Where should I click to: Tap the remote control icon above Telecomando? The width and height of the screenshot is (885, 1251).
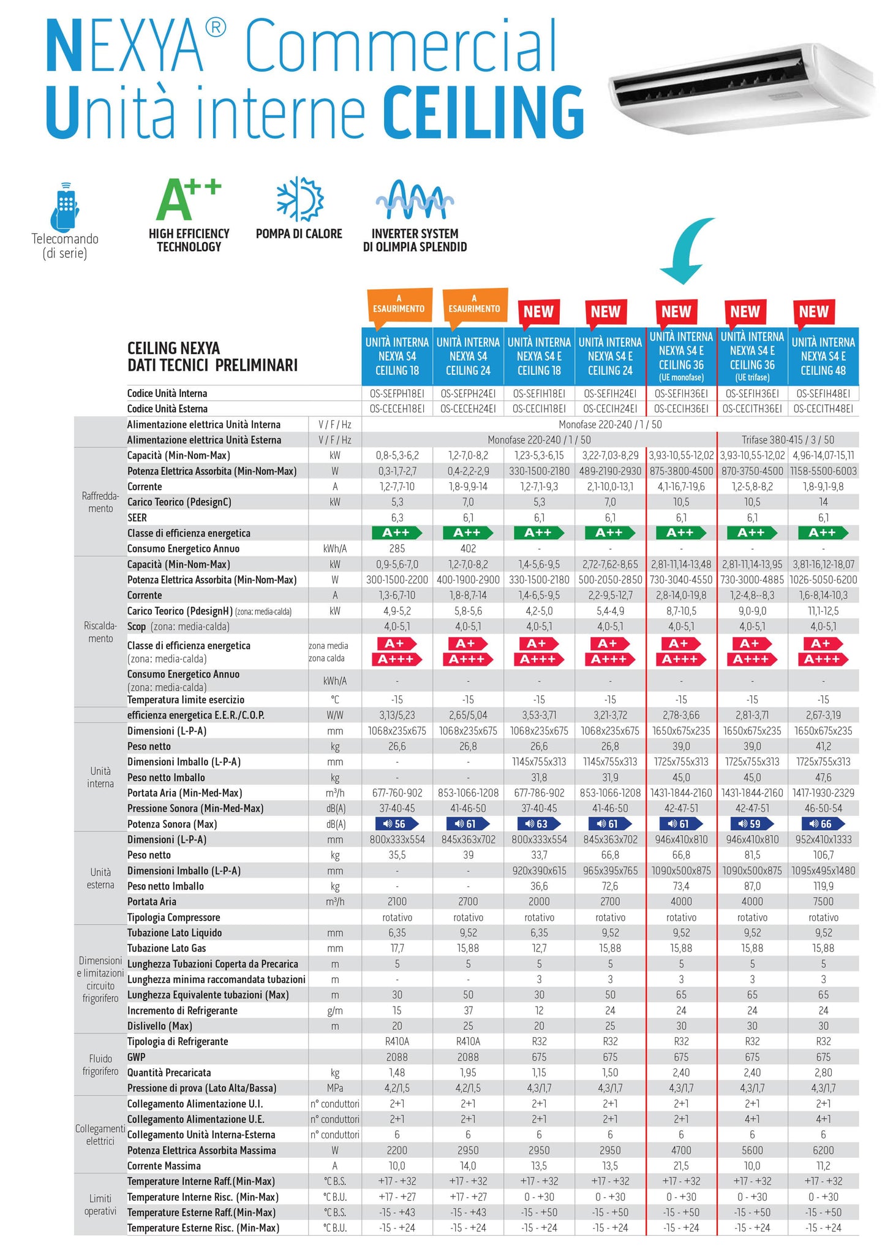pos(65,206)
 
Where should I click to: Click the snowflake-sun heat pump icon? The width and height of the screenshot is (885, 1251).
pos(299,200)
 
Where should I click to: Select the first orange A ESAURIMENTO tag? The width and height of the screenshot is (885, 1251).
pos(399,304)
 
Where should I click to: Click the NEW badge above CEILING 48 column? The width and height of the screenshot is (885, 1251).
pos(813,312)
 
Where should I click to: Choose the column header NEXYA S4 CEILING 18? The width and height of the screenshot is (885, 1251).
pos(397,357)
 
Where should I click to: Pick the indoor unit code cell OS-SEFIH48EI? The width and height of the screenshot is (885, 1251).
pos(823,393)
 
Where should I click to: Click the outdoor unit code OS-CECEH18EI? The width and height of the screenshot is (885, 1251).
pos(397,409)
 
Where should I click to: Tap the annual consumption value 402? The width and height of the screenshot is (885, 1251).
pos(468,549)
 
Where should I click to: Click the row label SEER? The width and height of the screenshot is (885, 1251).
pos(137,518)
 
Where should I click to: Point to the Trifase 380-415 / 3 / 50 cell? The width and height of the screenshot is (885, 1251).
pos(788,440)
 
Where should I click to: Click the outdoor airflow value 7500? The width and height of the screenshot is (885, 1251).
pos(823,902)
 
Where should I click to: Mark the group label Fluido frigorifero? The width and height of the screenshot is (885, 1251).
pos(100,1065)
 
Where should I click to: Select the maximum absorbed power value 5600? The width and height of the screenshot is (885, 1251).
pos(752,1151)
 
